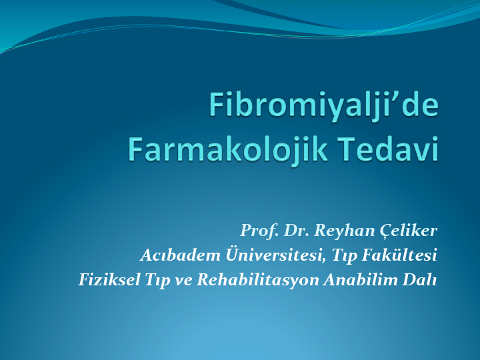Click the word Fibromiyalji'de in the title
tap(324, 105)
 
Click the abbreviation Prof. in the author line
tap(259, 230)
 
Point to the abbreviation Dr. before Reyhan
tap(296, 230)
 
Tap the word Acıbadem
tap(180, 255)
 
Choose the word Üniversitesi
tap(275, 255)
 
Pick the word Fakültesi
tap(399, 255)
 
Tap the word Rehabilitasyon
tap(258, 280)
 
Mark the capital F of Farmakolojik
tap(136, 149)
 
